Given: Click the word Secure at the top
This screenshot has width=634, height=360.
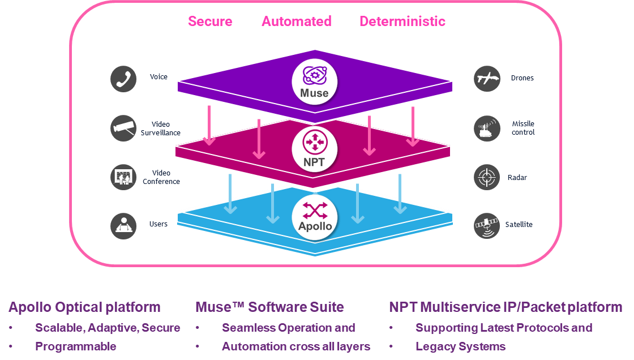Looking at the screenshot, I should tap(210, 22).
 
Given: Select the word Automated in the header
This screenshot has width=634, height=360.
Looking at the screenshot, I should tap(296, 22).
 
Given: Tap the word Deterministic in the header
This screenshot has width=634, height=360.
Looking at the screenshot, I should tap(402, 22).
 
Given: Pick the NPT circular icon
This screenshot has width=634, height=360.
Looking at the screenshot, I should tap(314, 148).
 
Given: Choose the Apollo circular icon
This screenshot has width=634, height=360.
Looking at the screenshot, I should tap(314, 216).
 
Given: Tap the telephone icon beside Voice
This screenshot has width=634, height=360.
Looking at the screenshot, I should tap(123, 79).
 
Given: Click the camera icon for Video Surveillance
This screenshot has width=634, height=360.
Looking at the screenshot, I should tap(123, 128).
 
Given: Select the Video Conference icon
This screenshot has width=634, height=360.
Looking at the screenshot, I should tap(123, 177).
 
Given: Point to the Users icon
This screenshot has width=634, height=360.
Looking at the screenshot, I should tap(123, 225).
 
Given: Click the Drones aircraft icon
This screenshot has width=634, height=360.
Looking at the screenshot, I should tap(487, 79).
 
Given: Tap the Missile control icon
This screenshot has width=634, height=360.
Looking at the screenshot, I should tap(487, 128).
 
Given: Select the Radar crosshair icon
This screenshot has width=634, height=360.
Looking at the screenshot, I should tap(487, 177).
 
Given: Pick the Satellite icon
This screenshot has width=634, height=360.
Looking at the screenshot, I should tap(487, 225).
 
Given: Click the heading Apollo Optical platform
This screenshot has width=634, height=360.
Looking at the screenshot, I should tap(84, 307).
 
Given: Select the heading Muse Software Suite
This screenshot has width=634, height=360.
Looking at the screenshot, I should tap(269, 307).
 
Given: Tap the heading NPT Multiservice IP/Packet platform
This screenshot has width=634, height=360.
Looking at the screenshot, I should tap(505, 307).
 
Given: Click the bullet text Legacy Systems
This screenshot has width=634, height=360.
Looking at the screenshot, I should tap(460, 346).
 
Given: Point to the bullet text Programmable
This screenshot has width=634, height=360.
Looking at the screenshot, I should tap(75, 346).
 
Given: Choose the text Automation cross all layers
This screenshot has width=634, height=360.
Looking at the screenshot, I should tap(295, 346).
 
